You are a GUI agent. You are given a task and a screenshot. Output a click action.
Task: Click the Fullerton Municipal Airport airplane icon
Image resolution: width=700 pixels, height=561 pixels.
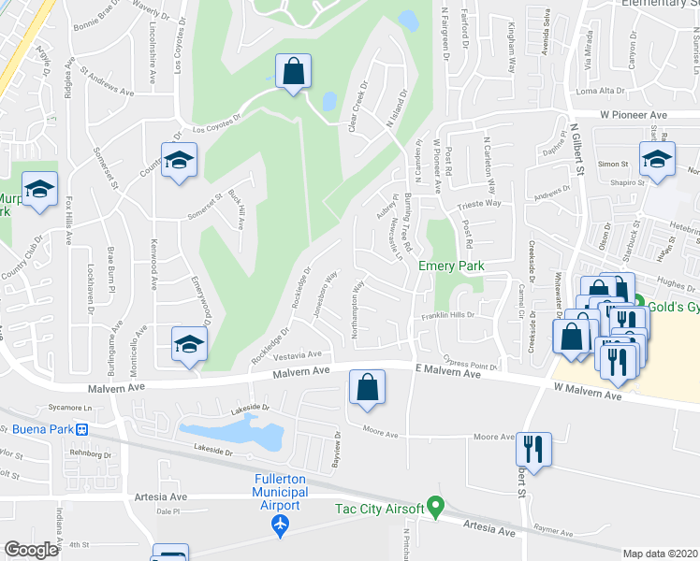(277, 526)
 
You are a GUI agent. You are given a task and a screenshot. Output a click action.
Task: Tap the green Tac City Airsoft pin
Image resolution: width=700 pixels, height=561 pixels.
(434, 508)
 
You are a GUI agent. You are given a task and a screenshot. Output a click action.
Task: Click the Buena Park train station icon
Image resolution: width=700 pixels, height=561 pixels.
(82, 430)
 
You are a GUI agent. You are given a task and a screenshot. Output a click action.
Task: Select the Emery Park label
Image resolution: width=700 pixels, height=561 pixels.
(451, 266)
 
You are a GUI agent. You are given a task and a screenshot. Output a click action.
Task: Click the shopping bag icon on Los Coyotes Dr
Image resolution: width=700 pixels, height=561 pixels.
(294, 72)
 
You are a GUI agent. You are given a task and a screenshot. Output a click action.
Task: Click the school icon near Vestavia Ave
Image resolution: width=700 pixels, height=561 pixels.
(189, 344)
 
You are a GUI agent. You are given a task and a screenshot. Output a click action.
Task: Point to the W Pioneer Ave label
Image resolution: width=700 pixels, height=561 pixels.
(634, 114)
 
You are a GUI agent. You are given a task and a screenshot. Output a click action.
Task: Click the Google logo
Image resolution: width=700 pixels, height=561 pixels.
(31, 550)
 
